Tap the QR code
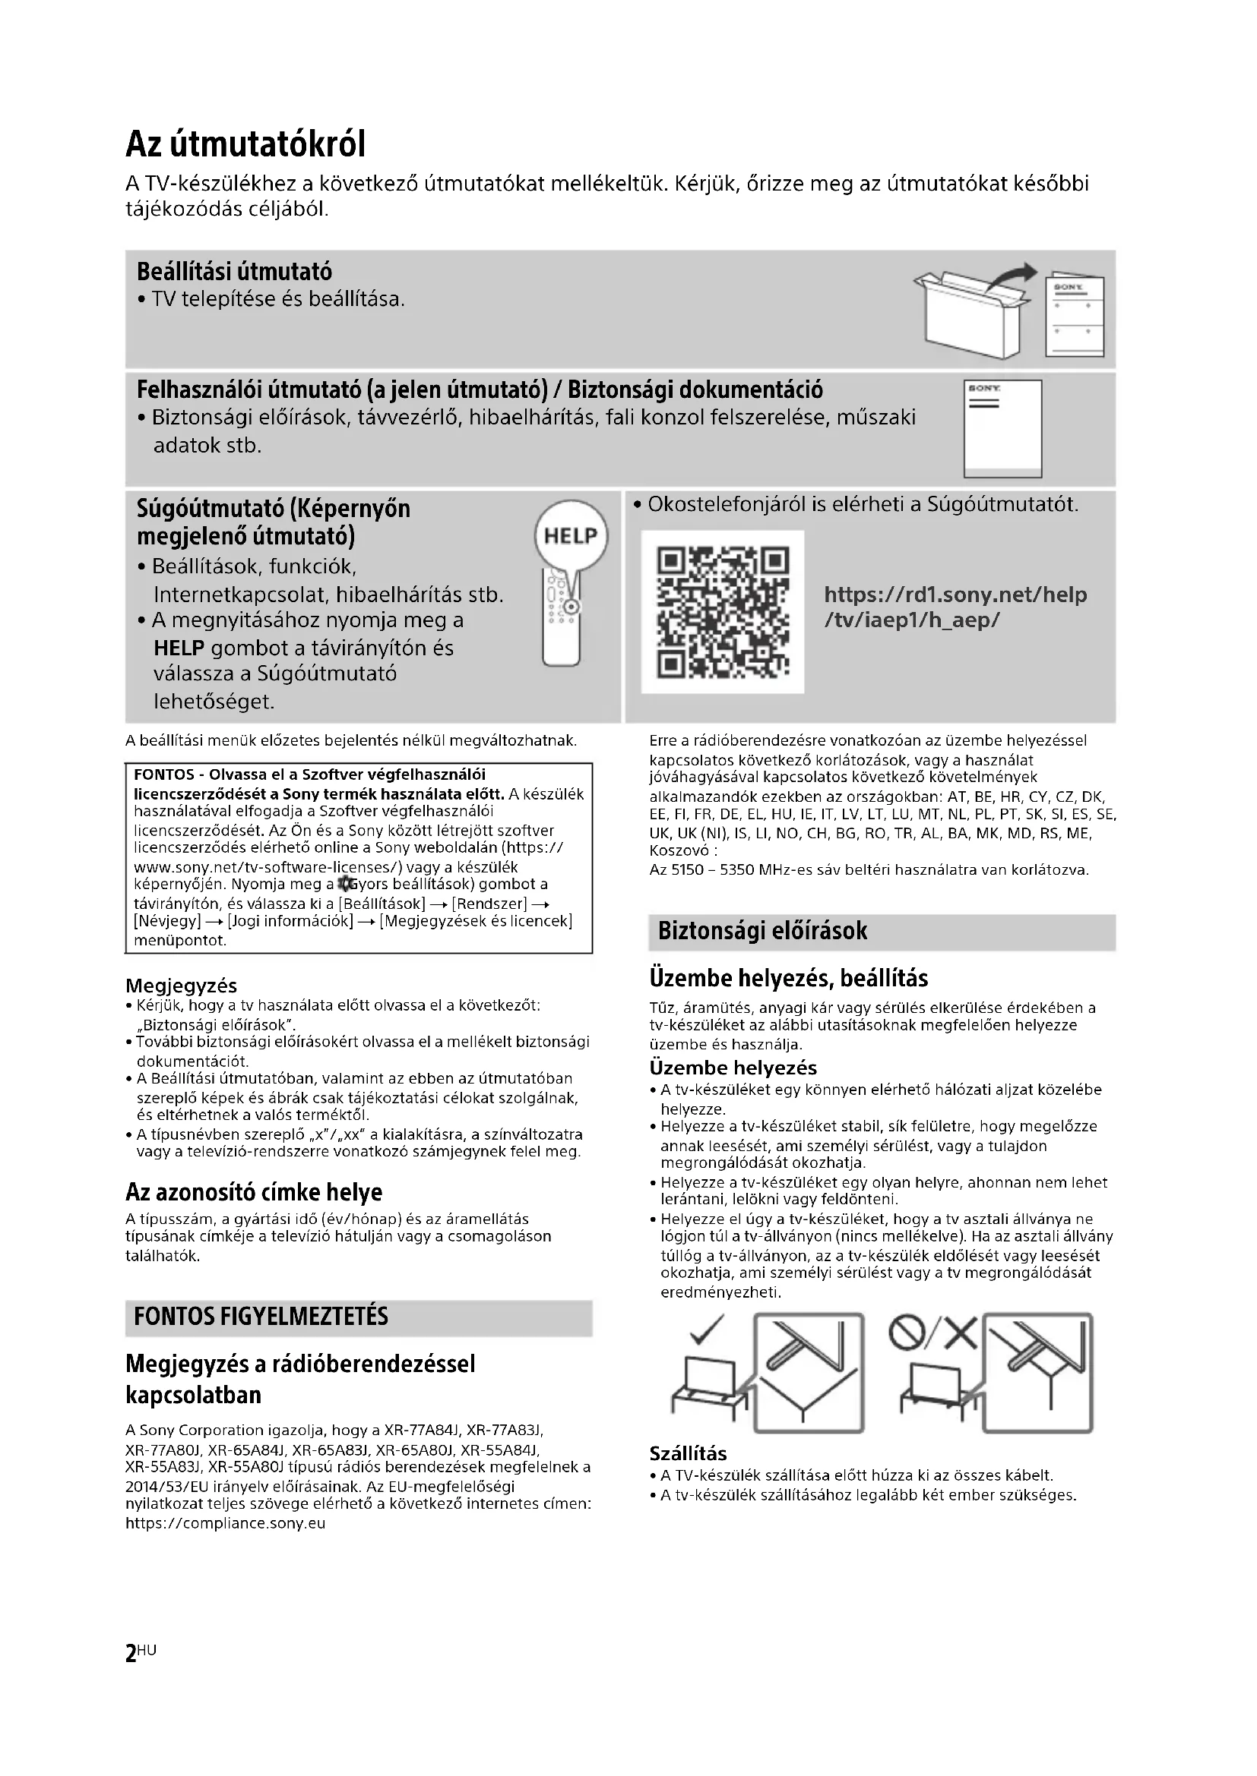[722, 612]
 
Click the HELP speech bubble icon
[572, 536]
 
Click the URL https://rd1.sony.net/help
[955, 595]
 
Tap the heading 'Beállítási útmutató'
[234, 273]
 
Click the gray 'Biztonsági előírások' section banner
[882, 932]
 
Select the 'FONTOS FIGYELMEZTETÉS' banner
[359, 1317]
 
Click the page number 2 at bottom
[131, 1655]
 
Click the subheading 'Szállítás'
[688, 1453]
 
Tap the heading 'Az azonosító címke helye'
[254, 1192]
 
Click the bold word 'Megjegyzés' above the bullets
[181, 986]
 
